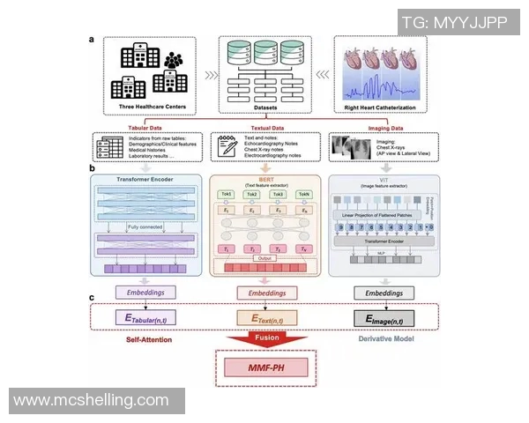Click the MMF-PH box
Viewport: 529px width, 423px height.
[264, 363]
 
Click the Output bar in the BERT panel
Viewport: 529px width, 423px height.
[264, 257]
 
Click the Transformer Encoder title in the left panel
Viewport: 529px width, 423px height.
[146, 179]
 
